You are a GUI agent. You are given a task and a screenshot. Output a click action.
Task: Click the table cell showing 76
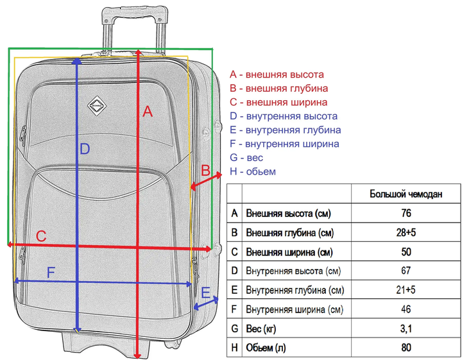(406, 213)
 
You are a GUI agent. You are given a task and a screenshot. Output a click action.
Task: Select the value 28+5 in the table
(406, 232)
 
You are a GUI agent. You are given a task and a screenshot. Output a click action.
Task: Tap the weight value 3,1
(406, 329)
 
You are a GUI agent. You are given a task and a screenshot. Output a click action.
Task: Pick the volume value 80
(406, 348)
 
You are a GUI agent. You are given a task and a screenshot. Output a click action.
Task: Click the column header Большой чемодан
(406, 194)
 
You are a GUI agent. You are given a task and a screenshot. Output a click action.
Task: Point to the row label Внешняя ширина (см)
(289, 252)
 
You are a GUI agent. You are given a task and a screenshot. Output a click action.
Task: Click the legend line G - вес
(246, 158)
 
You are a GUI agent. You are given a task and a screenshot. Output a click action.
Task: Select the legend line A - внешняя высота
(277, 74)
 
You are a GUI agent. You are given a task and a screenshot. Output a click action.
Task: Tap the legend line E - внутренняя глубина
(285, 130)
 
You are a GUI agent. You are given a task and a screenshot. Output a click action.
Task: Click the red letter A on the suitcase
(148, 112)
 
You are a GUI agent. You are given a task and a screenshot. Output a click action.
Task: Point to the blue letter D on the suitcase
(85, 149)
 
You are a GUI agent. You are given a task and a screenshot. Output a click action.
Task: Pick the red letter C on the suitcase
(41, 236)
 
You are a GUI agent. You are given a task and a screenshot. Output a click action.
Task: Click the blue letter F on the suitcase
(51, 273)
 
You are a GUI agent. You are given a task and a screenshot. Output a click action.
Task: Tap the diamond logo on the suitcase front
(97, 106)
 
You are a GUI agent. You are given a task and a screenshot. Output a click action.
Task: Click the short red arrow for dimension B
(206, 180)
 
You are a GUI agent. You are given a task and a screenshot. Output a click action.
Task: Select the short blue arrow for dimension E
(206, 304)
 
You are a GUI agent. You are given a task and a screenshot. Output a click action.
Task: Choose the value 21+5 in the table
(406, 290)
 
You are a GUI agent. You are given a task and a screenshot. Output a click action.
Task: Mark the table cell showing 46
(406, 309)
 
